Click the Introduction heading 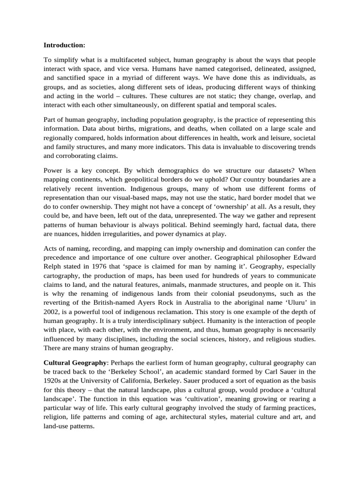click(64, 45)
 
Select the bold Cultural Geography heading click(75, 362)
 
